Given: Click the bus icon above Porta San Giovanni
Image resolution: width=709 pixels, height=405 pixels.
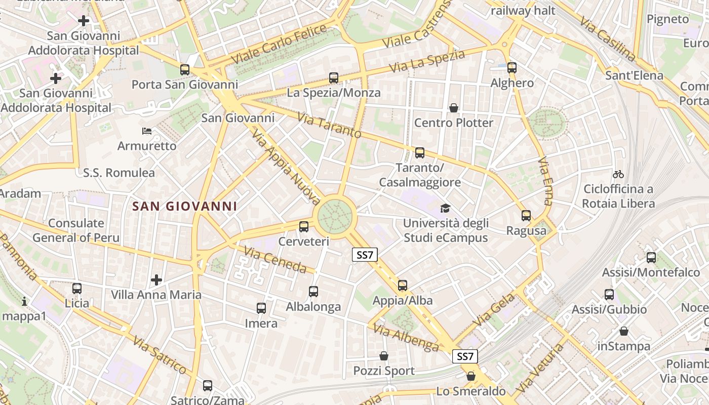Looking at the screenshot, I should (185, 70).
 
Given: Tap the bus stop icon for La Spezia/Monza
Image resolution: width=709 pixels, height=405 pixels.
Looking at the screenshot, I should (333, 78).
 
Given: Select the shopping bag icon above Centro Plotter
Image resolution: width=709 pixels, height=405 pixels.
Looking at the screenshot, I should (453, 108).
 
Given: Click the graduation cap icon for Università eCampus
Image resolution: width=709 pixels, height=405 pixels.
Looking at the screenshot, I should (445, 208).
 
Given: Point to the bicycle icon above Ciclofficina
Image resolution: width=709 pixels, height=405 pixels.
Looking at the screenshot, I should (618, 174).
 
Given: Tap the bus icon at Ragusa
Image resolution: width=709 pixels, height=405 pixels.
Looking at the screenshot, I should (526, 216).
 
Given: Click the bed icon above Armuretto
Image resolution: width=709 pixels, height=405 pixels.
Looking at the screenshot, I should (147, 131).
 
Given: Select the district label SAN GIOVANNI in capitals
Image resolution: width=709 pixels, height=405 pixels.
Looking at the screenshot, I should (184, 206).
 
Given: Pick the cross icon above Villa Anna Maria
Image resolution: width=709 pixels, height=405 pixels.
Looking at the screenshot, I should (156, 279).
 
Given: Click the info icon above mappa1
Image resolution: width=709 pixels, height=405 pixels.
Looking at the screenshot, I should (24, 302).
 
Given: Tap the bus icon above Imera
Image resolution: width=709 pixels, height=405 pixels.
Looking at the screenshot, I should (261, 308).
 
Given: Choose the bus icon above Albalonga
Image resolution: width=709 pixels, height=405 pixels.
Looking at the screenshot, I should (313, 292).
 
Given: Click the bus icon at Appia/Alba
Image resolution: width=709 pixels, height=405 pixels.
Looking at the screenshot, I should (403, 286).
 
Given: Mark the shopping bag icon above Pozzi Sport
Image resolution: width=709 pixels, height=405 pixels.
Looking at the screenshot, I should (384, 356).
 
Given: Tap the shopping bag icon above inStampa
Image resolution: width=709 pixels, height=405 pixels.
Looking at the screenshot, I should (624, 331).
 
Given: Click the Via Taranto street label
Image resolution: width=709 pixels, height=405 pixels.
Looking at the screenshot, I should (329, 126).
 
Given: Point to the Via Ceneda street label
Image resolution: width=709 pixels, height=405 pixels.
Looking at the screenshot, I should (275, 259).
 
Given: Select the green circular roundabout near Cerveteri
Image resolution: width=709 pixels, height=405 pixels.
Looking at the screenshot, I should (335, 217).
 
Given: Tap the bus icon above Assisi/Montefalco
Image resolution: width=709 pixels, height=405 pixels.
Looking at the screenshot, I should (651, 258).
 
